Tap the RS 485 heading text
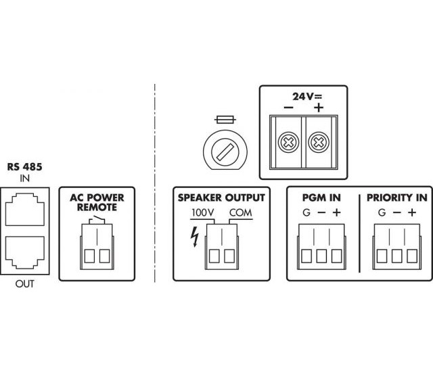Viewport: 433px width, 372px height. click(x=24, y=166)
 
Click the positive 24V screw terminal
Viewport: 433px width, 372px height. click(x=317, y=143)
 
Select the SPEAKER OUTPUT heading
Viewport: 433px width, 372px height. click(x=221, y=198)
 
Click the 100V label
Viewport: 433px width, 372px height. click(x=202, y=213)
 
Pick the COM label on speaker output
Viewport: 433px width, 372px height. click(x=240, y=213)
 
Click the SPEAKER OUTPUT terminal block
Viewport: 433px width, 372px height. click(x=221, y=248)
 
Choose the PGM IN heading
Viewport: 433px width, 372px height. click(x=321, y=198)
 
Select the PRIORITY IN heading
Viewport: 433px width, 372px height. click(x=396, y=198)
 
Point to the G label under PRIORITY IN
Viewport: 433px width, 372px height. click(x=382, y=214)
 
